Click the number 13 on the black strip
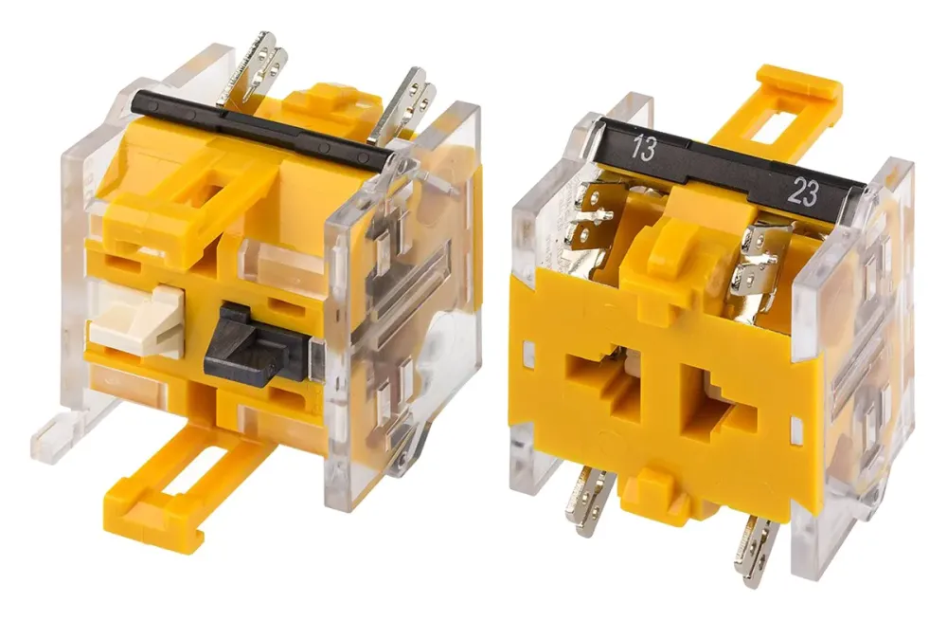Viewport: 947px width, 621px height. click(x=642, y=148)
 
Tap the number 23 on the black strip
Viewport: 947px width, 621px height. click(x=804, y=192)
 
